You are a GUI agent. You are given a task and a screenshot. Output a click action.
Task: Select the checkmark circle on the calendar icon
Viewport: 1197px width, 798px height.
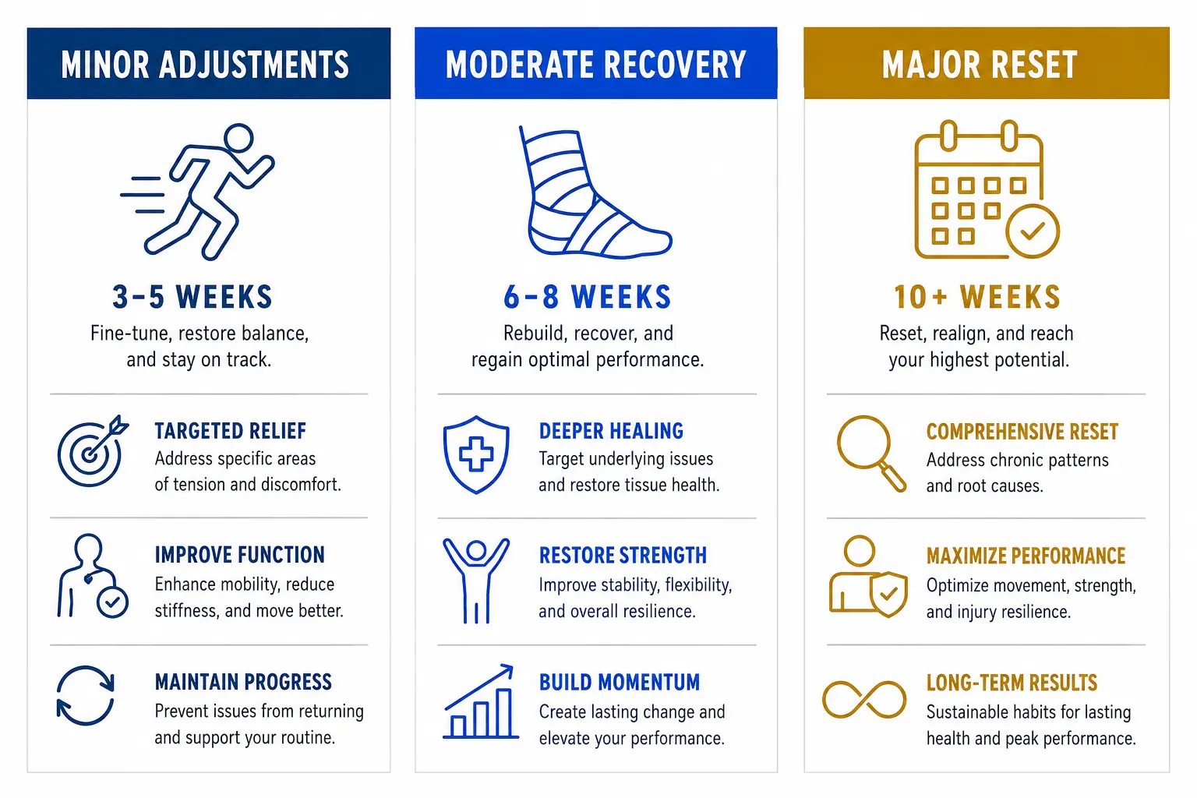(1033, 231)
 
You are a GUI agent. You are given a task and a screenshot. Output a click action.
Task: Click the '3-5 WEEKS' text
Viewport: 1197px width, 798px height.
(192, 297)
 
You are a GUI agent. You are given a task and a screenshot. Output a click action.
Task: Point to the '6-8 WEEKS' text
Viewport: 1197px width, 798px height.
(588, 297)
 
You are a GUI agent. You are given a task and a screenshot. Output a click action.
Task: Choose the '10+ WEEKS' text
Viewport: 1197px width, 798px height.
(977, 297)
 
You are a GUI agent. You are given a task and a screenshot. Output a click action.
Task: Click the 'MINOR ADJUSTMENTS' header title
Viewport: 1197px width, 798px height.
(205, 65)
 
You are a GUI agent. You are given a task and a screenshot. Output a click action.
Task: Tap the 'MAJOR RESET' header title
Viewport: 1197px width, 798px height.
(980, 65)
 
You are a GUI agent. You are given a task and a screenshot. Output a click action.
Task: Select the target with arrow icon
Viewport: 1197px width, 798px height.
(93, 451)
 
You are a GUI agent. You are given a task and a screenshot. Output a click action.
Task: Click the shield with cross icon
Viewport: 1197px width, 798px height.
(476, 454)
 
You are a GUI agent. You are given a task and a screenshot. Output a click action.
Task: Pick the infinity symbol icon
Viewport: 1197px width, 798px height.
(864, 700)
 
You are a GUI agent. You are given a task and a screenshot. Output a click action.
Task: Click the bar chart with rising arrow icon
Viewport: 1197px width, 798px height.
(480, 702)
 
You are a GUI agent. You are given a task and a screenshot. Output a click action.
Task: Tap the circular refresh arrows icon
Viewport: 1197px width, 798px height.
(86, 695)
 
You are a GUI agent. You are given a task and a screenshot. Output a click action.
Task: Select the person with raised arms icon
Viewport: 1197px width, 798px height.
(475, 581)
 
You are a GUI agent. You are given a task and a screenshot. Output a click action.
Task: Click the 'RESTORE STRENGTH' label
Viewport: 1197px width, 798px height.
(623, 556)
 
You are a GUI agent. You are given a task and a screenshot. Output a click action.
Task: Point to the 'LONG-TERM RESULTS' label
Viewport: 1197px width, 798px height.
(1012, 683)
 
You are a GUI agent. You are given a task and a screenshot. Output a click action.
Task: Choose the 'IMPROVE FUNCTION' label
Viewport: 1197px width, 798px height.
(240, 555)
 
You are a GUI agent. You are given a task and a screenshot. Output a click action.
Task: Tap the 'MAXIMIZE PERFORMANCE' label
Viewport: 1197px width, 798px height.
(1026, 556)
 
